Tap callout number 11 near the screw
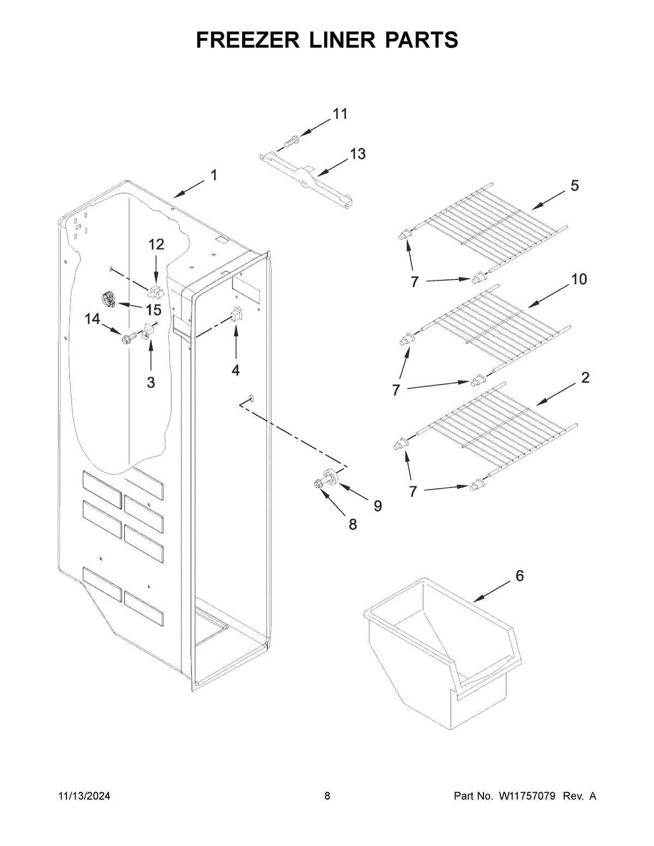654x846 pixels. [x=340, y=114]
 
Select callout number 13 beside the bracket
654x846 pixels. [x=358, y=154]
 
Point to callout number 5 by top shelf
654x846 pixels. [x=574, y=186]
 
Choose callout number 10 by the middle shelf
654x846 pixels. [x=579, y=279]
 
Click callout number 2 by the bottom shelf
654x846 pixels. [x=585, y=378]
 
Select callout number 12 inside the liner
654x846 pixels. [x=156, y=245]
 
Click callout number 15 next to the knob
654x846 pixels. [x=154, y=310]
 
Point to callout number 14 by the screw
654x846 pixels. [x=92, y=319]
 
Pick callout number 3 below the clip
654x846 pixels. [x=151, y=382]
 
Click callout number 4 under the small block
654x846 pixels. [x=235, y=370]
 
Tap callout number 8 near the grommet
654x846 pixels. [x=353, y=524]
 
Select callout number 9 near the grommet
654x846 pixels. [x=377, y=506]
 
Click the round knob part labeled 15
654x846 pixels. [x=108, y=300]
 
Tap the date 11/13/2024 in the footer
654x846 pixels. [x=84, y=796]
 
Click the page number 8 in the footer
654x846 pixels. [x=327, y=796]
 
